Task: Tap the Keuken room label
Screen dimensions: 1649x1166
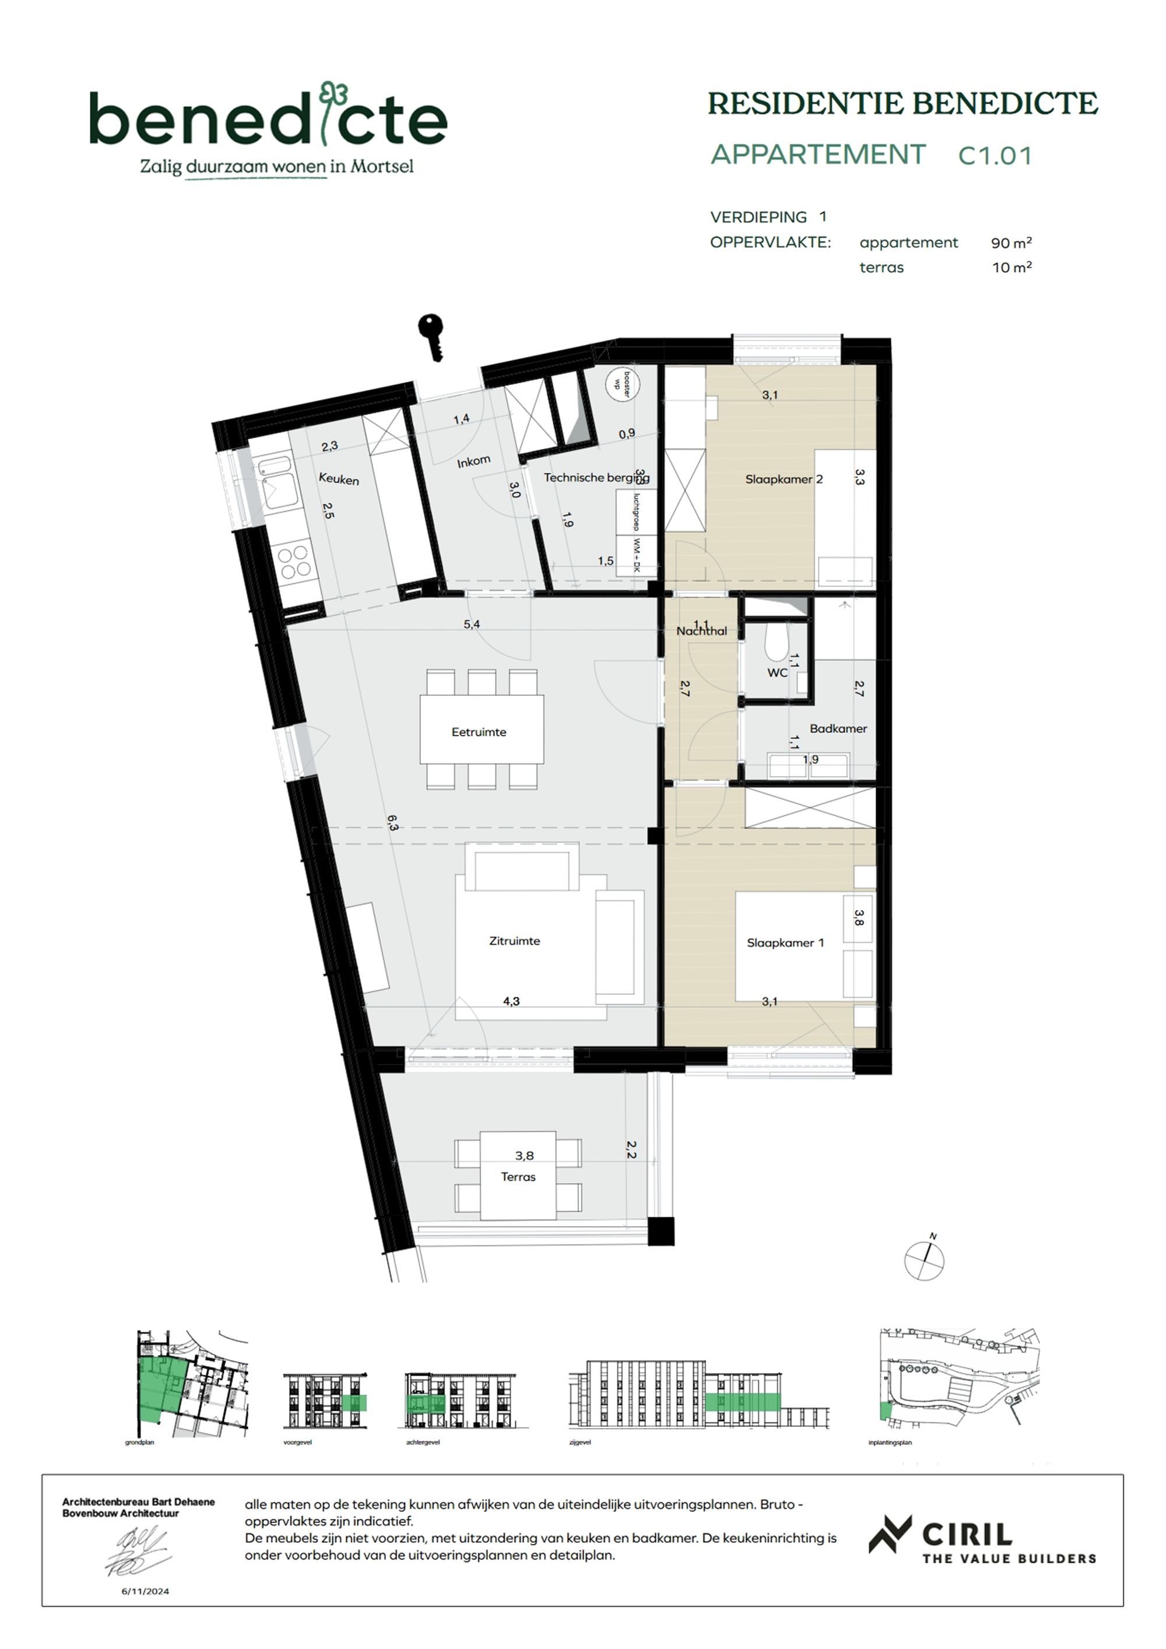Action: click(339, 479)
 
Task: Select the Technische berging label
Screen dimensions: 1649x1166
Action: click(596, 478)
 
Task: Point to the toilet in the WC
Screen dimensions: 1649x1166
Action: click(776, 643)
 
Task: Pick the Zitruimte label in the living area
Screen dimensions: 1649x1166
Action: click(514, 941)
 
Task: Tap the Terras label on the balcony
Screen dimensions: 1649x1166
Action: click(518, 1177)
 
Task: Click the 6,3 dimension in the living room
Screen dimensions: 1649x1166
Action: click(392, 823)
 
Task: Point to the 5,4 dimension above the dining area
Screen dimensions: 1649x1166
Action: click(472, 624)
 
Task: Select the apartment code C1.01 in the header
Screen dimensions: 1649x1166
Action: click(995, 156)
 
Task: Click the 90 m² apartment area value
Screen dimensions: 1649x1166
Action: click(1011, 243)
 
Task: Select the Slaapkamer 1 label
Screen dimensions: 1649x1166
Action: click(785, 943)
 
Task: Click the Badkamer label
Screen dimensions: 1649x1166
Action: click(838, 729)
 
